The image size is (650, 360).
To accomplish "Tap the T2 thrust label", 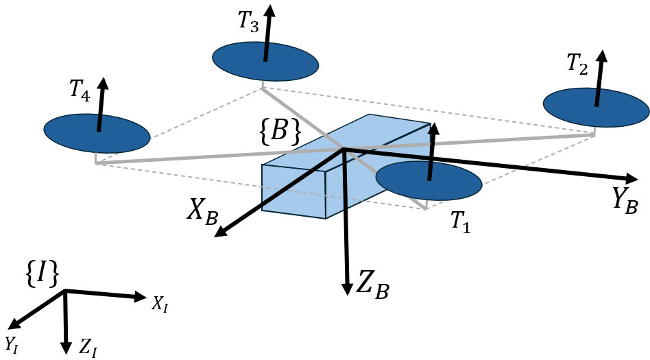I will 577,64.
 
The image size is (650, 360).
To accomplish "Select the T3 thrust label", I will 248,21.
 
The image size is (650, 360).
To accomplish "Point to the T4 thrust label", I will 80,91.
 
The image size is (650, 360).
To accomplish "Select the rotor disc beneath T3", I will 265,61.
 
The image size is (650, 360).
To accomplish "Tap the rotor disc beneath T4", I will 97,132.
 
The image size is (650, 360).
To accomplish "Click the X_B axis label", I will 202,214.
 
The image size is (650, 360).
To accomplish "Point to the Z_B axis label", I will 372,283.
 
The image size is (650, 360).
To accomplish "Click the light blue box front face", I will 293,191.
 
